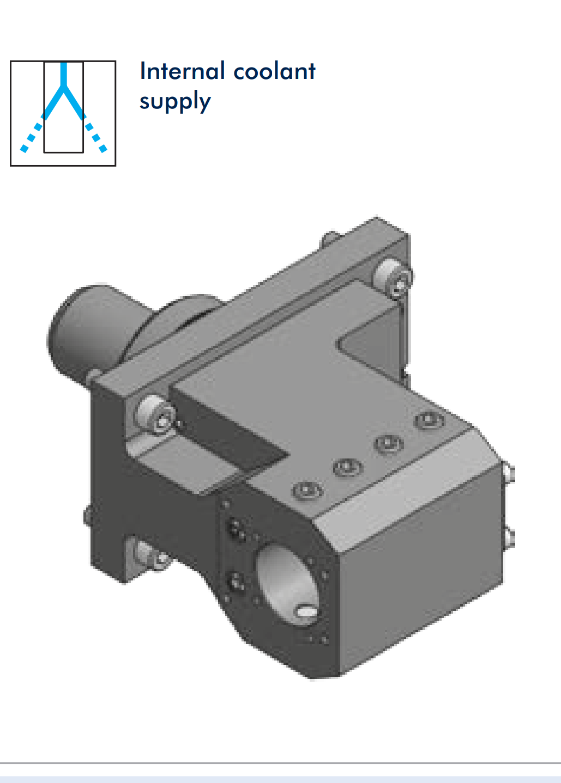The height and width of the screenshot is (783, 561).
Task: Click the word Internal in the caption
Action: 182,71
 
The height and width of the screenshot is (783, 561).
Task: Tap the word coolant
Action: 274,71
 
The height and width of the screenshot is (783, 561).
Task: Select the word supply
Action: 175,101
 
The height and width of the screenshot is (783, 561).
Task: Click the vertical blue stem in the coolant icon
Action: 63,74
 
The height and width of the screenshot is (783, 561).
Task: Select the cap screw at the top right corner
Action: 394,278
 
